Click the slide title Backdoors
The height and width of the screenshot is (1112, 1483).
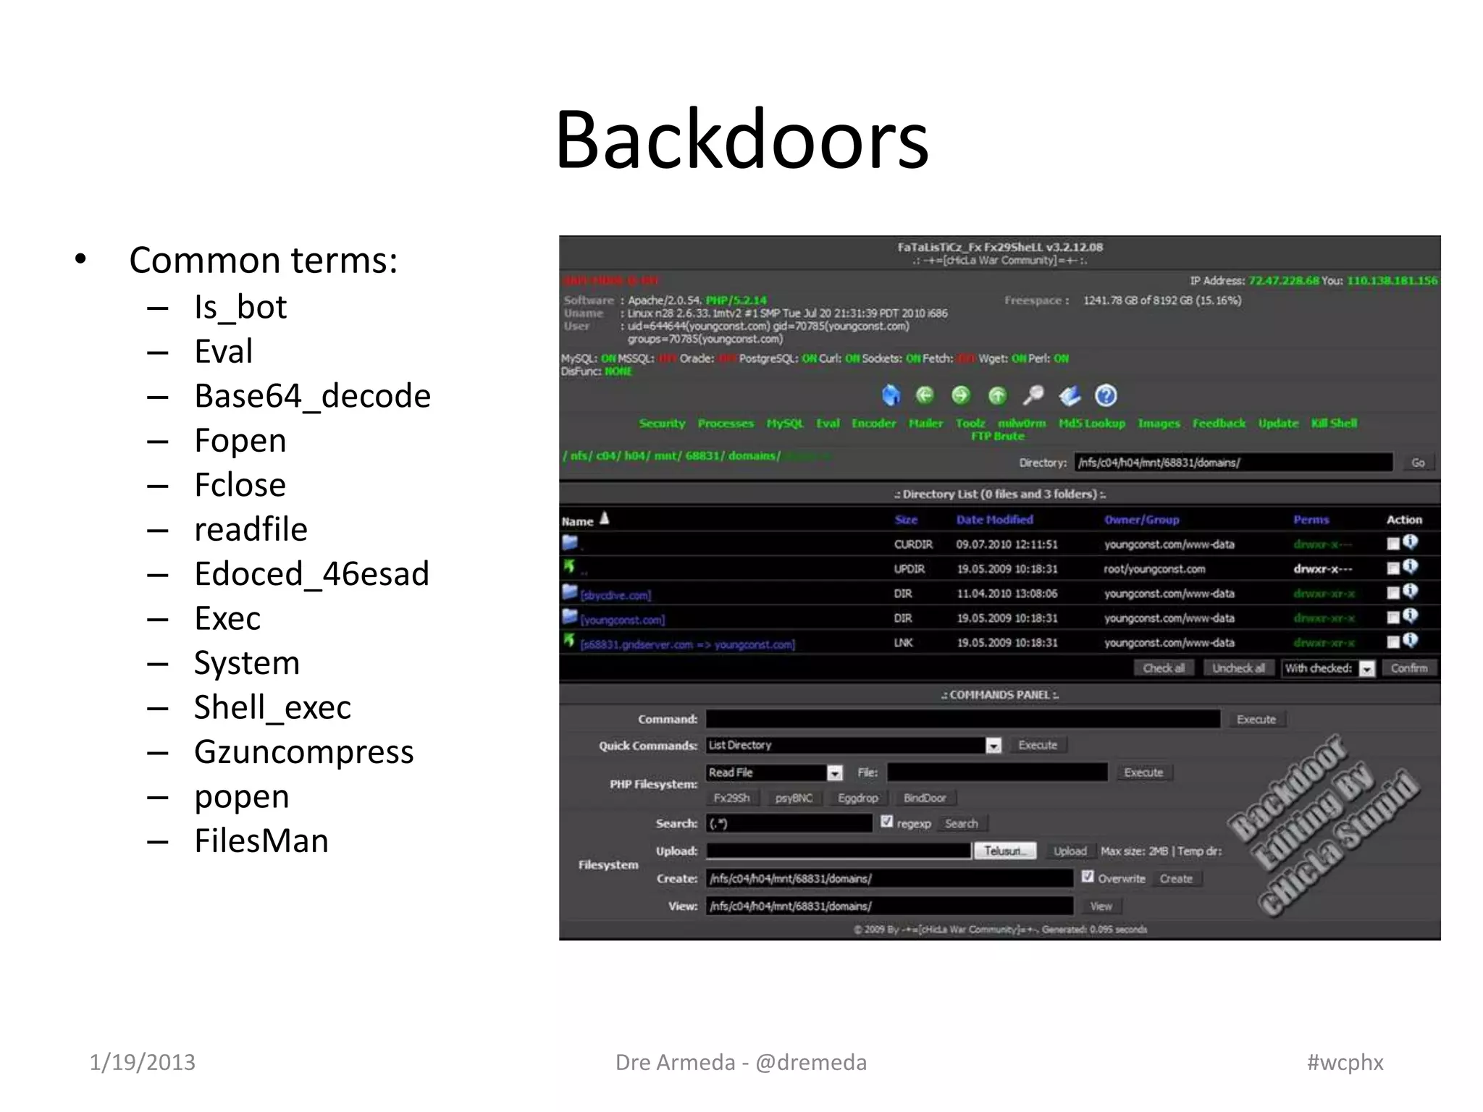(x=741, y=139)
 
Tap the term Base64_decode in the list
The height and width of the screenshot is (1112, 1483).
(x=312, y=396)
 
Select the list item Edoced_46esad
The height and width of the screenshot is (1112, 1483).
(x=311, y=574)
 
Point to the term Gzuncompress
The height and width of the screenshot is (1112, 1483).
(x=303, y=752)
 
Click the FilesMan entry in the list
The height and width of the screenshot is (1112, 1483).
(x=261, y=841)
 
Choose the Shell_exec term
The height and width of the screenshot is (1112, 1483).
(x=272, y=707)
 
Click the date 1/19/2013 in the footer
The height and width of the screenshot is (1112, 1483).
(x=142, y=1062)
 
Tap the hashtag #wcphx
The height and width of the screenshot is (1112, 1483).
(x=1345, y=1062)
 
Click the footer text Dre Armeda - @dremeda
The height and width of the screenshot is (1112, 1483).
(x=741, y=1062)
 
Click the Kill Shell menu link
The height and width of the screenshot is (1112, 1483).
(x=1334, y=423)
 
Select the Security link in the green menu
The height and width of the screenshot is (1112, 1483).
(x=662, y=423)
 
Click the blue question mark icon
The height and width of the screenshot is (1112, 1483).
(x=1106, y=395)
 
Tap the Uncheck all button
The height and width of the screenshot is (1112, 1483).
(x=1238, y=668)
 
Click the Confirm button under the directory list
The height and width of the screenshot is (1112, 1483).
(x=1408, y=668)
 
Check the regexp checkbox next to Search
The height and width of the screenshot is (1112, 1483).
(x=887, y=822)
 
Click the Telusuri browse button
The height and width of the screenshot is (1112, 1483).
(x=1004, y=851)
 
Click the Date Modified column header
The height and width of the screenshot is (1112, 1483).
(x=994, y=519)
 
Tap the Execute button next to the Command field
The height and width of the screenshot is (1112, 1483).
(x=1256, y=719)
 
